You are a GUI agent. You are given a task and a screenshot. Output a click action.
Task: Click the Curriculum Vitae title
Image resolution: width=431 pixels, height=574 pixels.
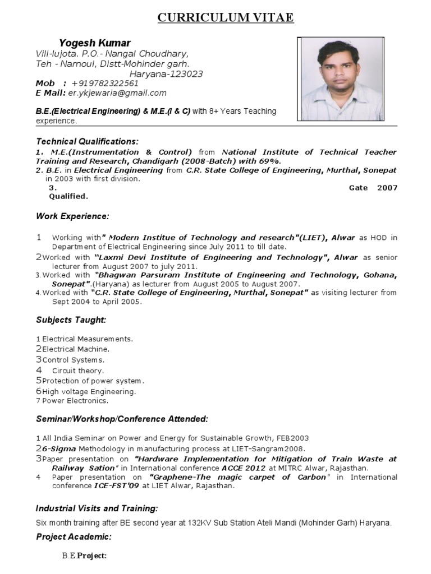[225, 18]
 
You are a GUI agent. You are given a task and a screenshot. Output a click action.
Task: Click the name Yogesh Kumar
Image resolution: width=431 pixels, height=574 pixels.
[95, 43]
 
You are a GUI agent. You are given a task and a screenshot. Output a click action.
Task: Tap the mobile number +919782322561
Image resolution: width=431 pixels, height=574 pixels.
[105, 83]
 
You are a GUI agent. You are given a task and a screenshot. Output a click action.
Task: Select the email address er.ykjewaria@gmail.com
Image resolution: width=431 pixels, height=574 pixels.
[117, 92]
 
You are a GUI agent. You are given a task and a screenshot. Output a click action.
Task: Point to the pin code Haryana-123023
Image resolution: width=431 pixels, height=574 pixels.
[166, 73]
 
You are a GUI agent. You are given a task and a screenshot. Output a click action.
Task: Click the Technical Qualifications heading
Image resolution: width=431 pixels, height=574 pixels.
[87, 141]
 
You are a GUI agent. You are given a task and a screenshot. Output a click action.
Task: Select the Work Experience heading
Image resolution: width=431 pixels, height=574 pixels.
[73, 216]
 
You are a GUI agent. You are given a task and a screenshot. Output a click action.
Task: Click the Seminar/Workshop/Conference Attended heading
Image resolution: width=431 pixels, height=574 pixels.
[122, 419]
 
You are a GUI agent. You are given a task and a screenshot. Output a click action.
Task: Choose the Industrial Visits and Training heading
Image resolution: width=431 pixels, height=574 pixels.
[97, 508]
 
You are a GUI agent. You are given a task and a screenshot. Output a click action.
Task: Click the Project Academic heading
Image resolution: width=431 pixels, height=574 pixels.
[74, 537]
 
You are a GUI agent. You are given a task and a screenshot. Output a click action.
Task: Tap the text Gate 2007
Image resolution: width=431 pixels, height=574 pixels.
[373, 188]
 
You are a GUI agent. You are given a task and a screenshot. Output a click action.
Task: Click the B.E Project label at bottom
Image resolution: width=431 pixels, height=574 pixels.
[84, 556]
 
